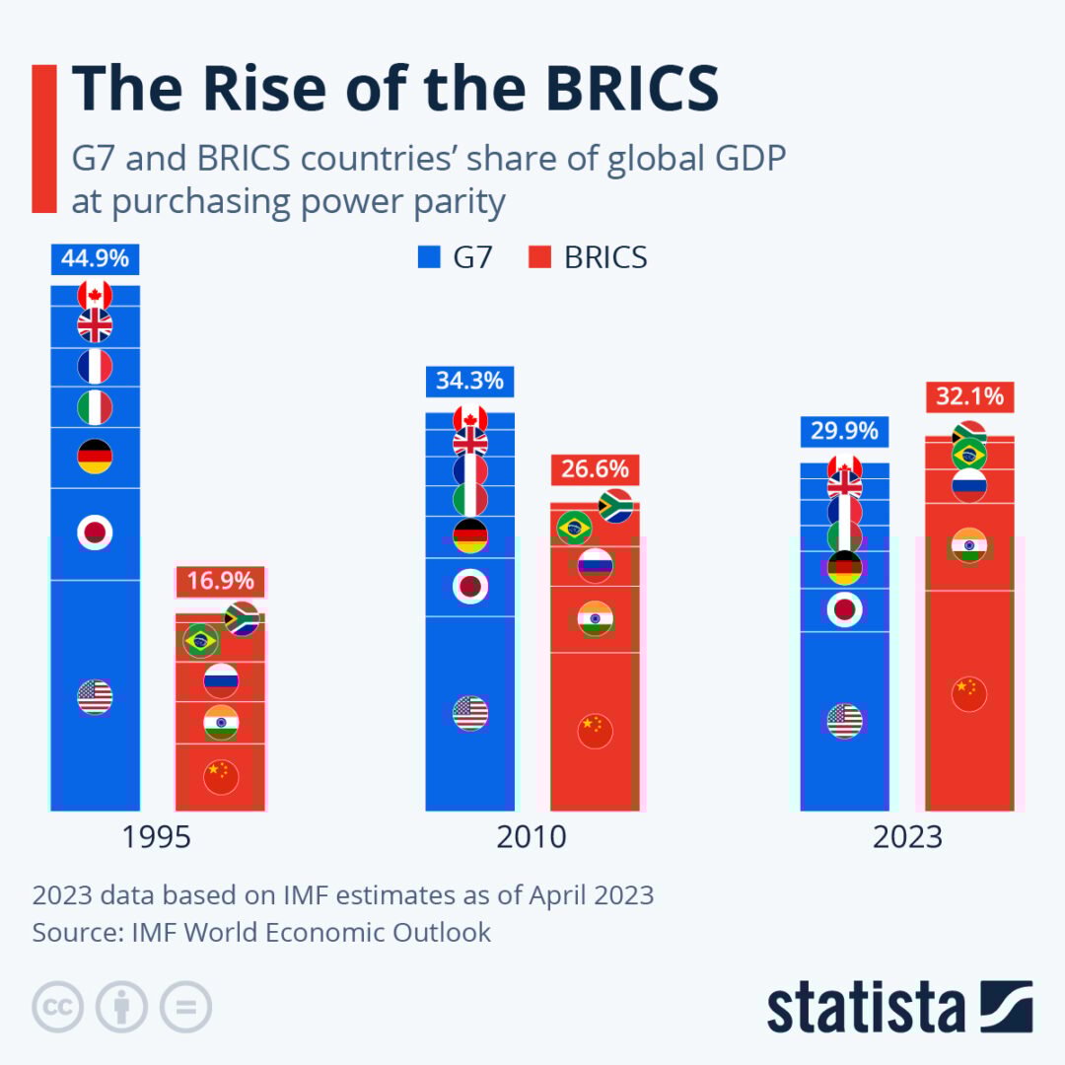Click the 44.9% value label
pyautogui.click(x=95, y=259)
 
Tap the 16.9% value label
pyautogui.click(x=221, y=581)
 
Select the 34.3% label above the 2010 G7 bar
pyautogui.click(x=470, y=381)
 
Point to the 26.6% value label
pyautogui.click(x=596, y=469)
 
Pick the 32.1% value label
pyautogui.click(x=970, y=397)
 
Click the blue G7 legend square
pyautogui.click(x=427, y=257)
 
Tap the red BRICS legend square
pyautogui.click(x=538, y=257)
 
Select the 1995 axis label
pyautogui.click(x=157, y=838)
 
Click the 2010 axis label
pyautogui.click(x=532, y=838)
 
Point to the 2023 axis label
pyautogui.click(x=907, y=838)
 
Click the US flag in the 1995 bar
pyautogui.click(x=95, y=697)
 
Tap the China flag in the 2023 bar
pyautogui.click(x=969, y=694)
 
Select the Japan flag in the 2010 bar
pyautogui.click(x=470, y=587)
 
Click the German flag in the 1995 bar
pyautogui.click(x=95, y=457)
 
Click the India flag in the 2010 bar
pyautogui.click(x=596, y=618)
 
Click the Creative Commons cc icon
pyautogui.click(x=57, y=1007)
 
